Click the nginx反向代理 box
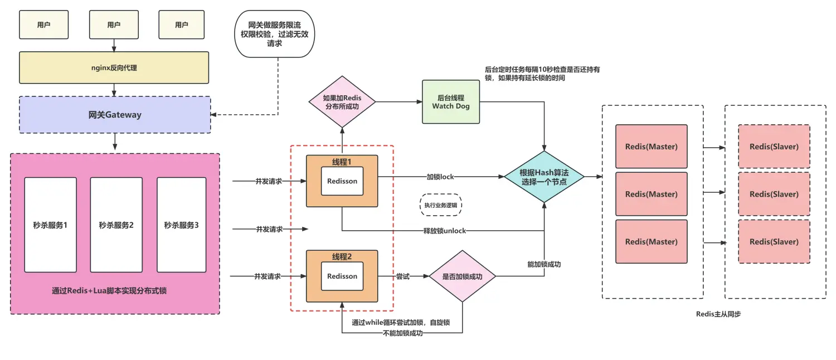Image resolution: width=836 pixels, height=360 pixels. (114, 68)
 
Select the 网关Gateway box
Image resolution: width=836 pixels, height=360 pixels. (115, 115)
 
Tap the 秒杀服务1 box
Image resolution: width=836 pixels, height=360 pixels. (50, 225)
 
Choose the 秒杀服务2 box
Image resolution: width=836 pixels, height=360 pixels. (116, 225)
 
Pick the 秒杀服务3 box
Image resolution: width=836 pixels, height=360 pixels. (181, 225)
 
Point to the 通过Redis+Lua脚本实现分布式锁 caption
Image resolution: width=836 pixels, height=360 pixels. (114, 290)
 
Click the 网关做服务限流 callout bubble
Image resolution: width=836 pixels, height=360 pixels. (275, 33)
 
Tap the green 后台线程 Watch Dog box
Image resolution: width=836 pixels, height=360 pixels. (451, 102)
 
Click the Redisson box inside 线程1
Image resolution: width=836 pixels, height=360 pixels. (342, 181)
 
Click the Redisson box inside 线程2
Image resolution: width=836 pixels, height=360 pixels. (342, 276)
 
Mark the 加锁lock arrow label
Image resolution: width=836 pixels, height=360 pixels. (440, 177)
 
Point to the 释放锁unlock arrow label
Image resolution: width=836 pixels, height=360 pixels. (444, 230)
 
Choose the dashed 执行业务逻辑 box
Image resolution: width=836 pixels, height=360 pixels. (441, 205)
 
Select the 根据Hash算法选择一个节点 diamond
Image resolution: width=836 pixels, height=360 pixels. (544, 177)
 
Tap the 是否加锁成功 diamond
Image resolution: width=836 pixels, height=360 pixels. (461, 276)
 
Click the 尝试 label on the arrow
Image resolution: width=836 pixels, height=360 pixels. (403, 276)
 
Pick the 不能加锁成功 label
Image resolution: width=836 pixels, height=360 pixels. (402, 333)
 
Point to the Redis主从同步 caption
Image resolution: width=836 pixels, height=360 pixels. (718, 314)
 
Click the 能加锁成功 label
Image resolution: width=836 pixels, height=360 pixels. (543, 264)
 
